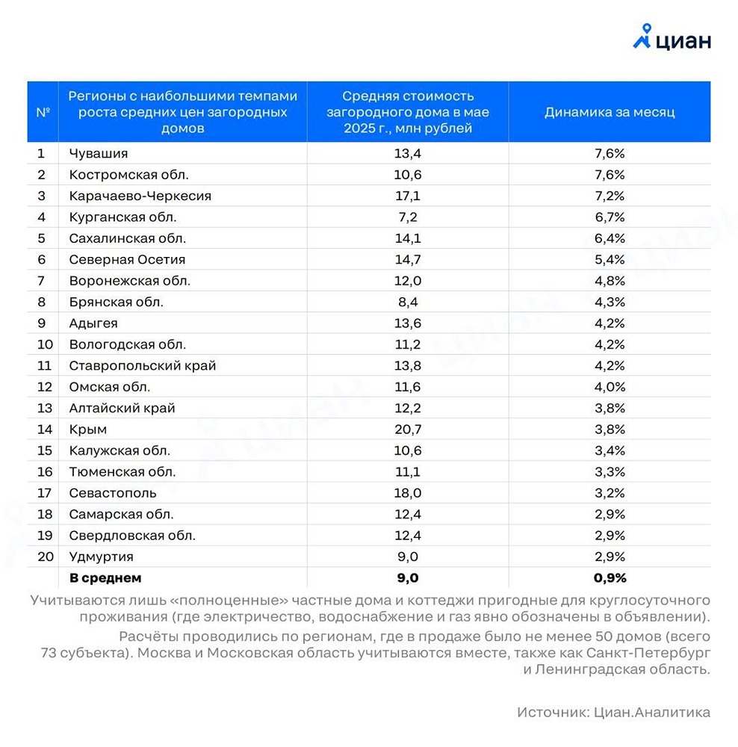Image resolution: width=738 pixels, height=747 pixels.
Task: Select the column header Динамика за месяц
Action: pos(610,112)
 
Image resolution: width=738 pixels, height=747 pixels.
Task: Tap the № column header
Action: pos(43,112)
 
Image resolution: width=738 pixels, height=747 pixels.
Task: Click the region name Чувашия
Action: pos(99,153)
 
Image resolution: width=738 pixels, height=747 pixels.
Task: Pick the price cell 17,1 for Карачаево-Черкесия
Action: pos(407,196)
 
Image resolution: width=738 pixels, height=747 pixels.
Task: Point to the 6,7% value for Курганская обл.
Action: pos(610,217)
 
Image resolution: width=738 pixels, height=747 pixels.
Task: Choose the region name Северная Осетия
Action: pos(127,259)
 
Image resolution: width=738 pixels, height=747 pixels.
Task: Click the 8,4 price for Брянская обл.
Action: pos(407,302)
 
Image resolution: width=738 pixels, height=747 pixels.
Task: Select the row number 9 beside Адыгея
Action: pos(42,323)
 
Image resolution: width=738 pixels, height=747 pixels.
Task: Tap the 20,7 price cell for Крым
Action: pos(407,430)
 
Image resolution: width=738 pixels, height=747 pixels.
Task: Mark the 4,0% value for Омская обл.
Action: pos(610,387)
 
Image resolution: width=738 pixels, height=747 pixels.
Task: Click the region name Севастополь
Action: pos(113,493)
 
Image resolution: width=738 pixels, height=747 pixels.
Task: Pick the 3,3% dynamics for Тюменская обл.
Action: pos(610,472)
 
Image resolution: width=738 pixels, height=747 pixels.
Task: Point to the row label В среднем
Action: pos(105,578)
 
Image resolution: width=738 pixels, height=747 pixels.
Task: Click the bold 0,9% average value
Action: pos(610,578)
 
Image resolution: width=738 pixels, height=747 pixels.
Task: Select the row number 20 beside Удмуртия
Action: pos(45,557)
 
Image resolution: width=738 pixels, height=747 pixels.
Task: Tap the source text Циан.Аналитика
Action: pos(652,713)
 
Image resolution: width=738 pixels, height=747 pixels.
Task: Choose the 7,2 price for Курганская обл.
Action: pos(407,217)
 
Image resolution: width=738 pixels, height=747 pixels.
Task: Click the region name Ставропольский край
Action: pos(143,366)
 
